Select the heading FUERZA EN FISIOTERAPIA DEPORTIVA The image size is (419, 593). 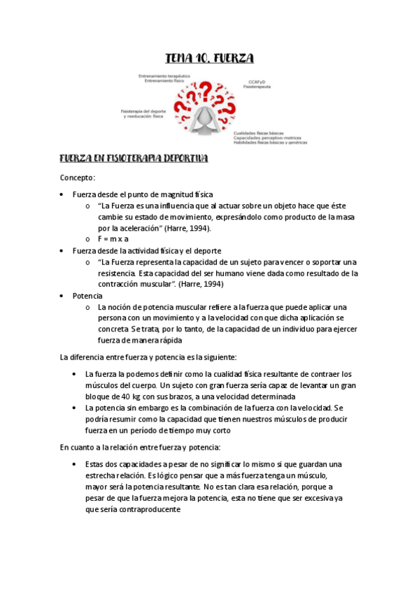(134, 159)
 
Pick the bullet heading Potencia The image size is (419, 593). (87, 296)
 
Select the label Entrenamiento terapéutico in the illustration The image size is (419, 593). (166, 76)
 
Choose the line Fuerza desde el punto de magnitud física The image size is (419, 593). (143, 194)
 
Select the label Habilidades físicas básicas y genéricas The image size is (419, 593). (270, 143)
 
